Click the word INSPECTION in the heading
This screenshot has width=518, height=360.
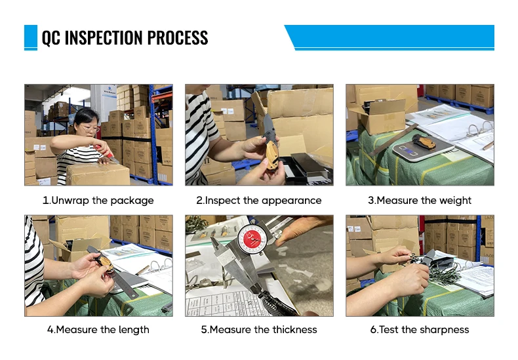coord(104,37)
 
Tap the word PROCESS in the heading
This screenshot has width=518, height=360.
coord(178,37)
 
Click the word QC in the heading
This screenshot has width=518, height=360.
coord(51,37)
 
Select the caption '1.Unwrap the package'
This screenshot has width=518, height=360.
coord(98,201)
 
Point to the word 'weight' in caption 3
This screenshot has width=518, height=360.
coord(455,201)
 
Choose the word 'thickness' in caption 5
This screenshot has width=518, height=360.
coord(294,329)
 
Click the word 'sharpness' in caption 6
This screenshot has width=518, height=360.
coord(445,330)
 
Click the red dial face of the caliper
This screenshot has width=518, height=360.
coord(252,239)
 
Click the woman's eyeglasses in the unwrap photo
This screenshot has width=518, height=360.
coord(90,128)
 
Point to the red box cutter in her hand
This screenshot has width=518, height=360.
coord(106,152)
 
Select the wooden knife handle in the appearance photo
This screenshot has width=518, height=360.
coord(271,155)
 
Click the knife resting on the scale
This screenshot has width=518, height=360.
coord(424,142)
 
